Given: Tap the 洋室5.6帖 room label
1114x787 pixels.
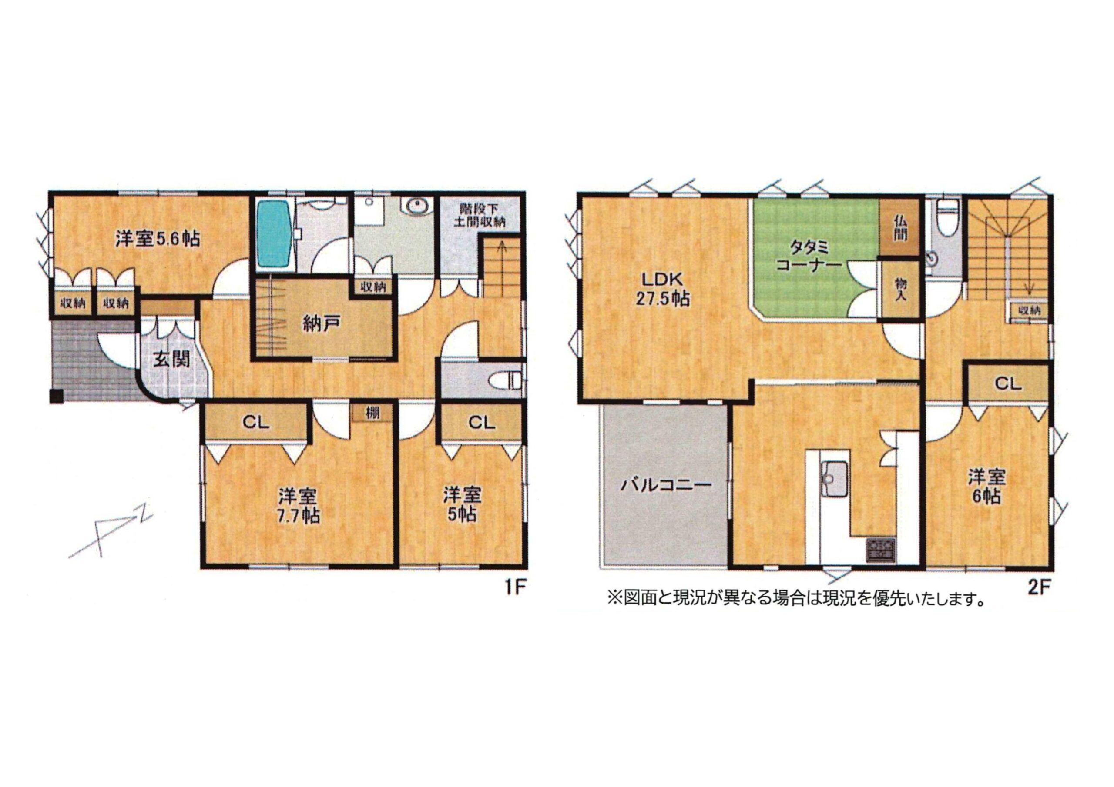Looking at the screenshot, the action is (157, 239).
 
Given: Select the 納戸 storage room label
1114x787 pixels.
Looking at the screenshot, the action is (320, 323).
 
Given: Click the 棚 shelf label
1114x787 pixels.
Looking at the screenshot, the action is (372, 414).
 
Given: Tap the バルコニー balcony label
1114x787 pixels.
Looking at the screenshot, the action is (666, 484).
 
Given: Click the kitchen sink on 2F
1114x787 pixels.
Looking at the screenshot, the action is (834, 480).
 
